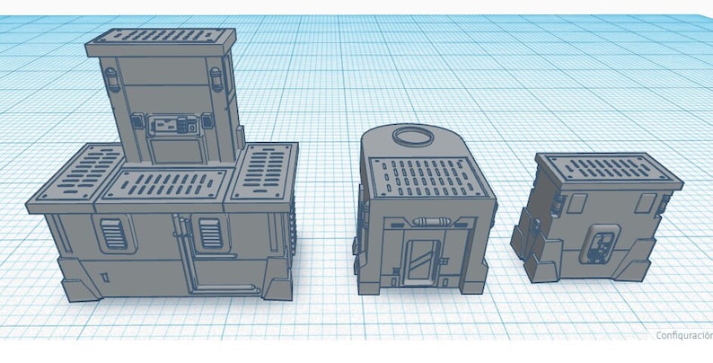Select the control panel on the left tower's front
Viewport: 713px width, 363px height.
[173, 126]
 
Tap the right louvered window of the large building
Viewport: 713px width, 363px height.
[210, 233]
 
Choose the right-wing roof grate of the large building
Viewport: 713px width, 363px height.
[264, 170]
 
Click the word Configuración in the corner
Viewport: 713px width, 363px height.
[682, 334]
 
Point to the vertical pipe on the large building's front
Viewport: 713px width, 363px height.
[186, 252]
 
